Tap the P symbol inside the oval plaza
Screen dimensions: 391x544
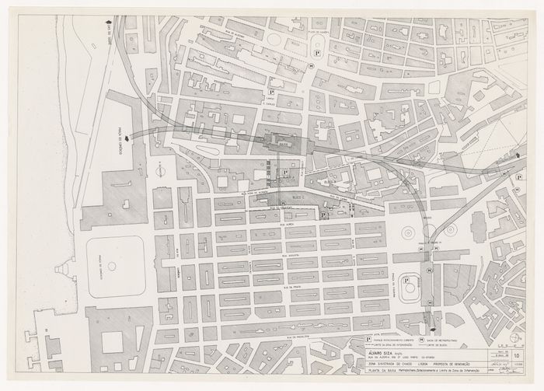pyautogui.click(x=405, y=281)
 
